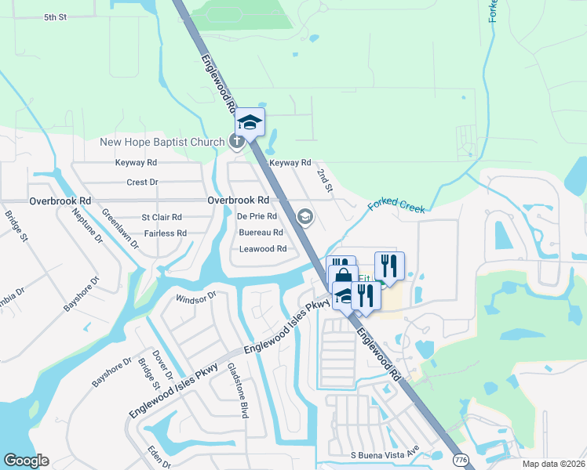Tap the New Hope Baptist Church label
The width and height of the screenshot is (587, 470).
click(x=162, y=142)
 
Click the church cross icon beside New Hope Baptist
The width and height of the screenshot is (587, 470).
click(x=234, y=142)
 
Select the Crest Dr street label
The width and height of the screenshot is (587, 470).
click(x=142, y=182)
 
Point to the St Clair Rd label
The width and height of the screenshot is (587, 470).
click(x=161, y=217)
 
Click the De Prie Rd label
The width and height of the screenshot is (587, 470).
click(x=257, y=216)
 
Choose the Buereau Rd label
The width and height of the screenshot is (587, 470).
click(x=261, y=233)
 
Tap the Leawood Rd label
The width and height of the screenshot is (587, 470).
click(x=262, y=249)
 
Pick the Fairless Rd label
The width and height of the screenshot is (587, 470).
click(x=165, y=233)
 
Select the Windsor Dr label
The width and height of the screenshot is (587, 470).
click(x=195, y=298)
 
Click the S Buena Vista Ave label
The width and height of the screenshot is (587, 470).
click(x=385, y=455)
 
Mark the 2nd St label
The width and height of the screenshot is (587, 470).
click(x=324, y=178)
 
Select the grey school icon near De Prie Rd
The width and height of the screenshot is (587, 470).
click(x=304, y=217)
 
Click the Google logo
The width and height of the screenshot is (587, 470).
click(x=27, y=461)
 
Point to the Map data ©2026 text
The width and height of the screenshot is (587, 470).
click(x=552, y=464)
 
